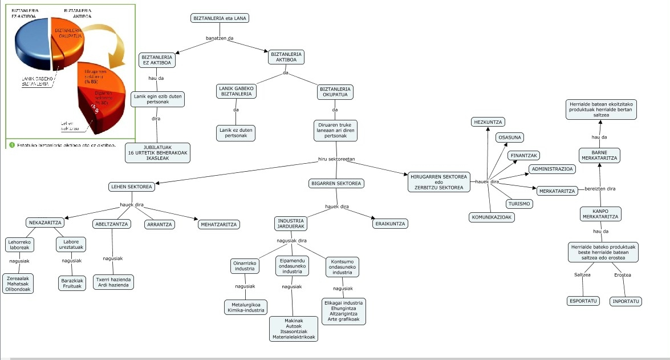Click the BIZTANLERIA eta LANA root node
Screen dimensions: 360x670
pyautogui.click(x=220, y=18)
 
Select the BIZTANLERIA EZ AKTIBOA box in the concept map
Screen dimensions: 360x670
pyautogui.click(x=157, y=59)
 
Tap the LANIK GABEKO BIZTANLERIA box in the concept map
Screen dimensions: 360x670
pyautogui.click(x=236, y=91)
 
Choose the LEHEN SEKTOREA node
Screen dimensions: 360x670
pyautogui.click(x=131, y=187)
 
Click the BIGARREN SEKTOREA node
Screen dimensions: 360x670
pyautogui.click(x=336, y=184)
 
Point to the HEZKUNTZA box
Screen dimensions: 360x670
pyautogui.click(x=489, y=122)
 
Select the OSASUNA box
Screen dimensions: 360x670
pyautogui.click(x=510, y=137)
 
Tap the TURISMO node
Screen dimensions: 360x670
pyautogui.click(x=519, y=204)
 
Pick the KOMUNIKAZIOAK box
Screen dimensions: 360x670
pyautogui.click(x=492, y=217)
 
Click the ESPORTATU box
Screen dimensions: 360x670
pyautogui.click(x=583, y=301)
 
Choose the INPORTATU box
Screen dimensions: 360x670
pyautogui.click(x=626, y=301)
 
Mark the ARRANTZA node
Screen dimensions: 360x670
pyautogui.click(x=160, y=225)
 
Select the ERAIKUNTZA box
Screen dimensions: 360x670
pyautogui.click(x=390, y=224)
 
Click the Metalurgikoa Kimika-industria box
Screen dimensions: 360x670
pyautogui.click(x=246, y=307)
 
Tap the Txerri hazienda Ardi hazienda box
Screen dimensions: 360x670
pyautogui.click(x=113, y=282)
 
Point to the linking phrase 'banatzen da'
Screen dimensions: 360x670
pyautogui.click(x=220, y=39)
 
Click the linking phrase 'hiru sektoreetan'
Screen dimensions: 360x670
pyautogui.click(x=336, y=159)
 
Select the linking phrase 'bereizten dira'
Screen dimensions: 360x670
pyautogui.click(x=599, y=189)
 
